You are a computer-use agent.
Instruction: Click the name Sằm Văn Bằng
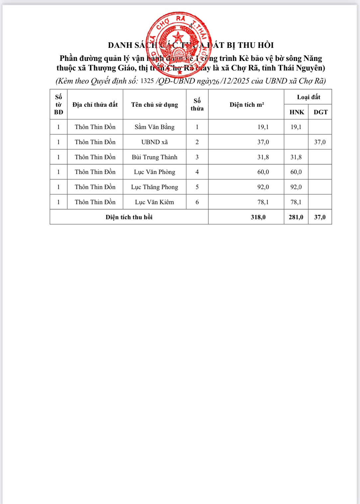(154, 127)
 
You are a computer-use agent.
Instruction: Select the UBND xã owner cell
(154, 142)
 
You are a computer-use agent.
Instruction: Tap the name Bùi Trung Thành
(154, 157)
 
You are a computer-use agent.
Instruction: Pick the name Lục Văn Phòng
(154, 172)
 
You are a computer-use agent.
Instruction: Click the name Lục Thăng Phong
(154, 187)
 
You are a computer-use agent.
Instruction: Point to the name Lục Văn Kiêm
(154, 202)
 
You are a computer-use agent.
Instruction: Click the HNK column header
(297, 112)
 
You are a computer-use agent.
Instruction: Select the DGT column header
(320, 112)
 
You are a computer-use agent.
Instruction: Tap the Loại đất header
(308, 97)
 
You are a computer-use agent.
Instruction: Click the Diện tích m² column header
(246, 104)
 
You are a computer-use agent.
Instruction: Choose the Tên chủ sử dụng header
(154, 104)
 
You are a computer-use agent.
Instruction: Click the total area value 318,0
(258, 217)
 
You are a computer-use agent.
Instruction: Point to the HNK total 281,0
(296, 217)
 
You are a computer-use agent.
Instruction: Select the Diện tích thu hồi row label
(129, 217)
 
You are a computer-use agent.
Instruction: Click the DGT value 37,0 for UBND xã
(320, 142)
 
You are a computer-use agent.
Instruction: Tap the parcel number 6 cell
(197, 202)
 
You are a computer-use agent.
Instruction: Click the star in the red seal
(179, 37)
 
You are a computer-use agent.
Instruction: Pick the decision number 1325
(147, 81)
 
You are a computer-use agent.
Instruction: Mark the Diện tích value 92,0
(263, 187)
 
